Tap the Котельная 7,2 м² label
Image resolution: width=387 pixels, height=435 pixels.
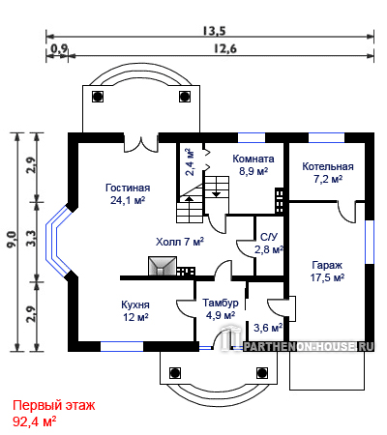(x=328, y=172)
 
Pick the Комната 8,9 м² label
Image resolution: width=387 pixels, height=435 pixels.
(x=253, y=164)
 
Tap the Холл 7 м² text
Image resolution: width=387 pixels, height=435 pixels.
(x=180, y=242)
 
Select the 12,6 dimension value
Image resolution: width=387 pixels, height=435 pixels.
(x=225, y=48)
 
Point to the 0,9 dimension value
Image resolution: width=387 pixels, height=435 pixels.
(x=59, y=48)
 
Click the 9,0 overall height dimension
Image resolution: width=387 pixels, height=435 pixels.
(x=12, y=240)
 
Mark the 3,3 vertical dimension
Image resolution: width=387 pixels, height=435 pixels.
(x=31, y=239)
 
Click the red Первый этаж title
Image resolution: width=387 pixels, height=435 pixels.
(x=54, y=405)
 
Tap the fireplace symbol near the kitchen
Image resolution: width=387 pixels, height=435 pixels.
(x=163, y=266)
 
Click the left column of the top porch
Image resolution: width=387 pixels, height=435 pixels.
(x=98, y=97)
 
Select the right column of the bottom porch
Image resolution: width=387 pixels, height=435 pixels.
(x=262, y=372)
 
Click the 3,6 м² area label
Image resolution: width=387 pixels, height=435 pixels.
(x=268, y=328)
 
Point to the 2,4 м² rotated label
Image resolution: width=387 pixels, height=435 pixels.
(x=190, y=162)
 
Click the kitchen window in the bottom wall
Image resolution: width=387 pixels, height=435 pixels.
(x=122, y=346)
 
